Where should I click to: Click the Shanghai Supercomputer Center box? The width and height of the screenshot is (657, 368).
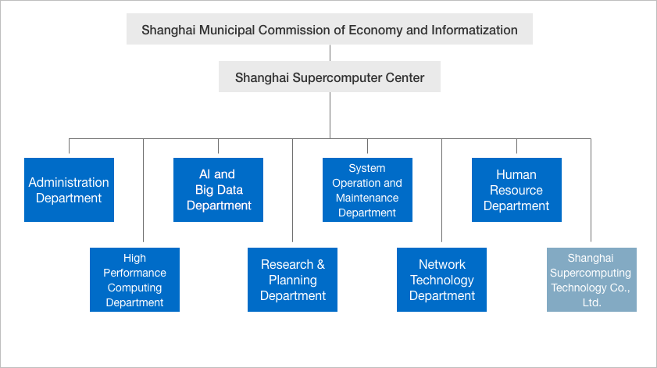[330, 77]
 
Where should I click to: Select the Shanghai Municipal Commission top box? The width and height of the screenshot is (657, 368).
[330, 29]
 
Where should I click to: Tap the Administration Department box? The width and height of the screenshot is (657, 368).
[69, 190]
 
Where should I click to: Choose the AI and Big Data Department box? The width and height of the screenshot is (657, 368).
[218, 190]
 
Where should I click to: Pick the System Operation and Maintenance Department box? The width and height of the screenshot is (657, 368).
[367, 190]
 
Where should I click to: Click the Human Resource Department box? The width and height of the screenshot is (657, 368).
[516, 190]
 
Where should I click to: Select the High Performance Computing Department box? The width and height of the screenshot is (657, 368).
[134, 280]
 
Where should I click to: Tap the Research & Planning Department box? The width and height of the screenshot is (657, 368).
[292, 280]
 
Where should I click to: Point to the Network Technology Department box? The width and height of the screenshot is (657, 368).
[441, 280]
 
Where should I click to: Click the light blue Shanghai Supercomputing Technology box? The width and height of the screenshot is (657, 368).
[591, 280]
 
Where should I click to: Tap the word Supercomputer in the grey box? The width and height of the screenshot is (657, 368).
[344, 77]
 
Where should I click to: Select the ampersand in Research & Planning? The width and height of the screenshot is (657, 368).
[321, 264]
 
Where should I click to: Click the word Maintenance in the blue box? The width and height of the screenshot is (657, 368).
[367, 198]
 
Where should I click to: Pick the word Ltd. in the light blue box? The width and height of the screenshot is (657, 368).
[591, 302]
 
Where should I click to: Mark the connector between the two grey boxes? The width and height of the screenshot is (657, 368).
[330, 53]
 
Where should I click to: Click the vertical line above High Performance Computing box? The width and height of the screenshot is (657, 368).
[143, 191]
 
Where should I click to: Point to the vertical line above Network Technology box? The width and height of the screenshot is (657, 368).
[441, 191]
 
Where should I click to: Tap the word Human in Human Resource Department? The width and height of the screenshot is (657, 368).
[516, 174]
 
